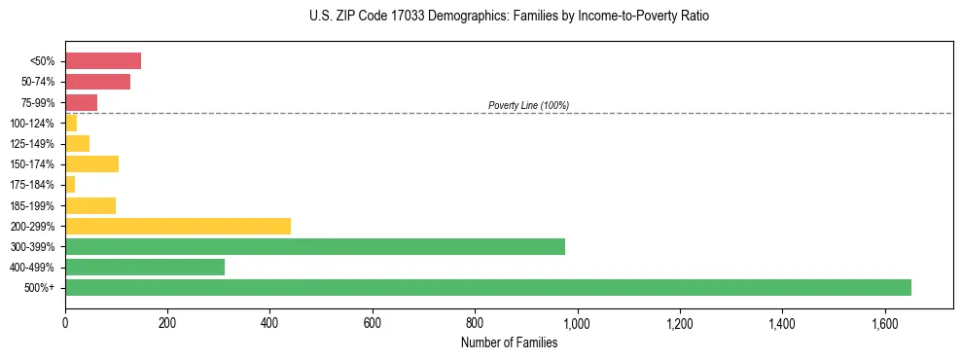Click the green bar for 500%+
487,287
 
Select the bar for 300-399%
314,246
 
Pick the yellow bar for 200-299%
178,226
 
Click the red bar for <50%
103,61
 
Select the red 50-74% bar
97,82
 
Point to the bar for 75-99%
81,102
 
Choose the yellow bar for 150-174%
91,163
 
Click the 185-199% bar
90,205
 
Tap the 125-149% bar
77,143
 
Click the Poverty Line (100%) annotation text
528,105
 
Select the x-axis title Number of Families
509,342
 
